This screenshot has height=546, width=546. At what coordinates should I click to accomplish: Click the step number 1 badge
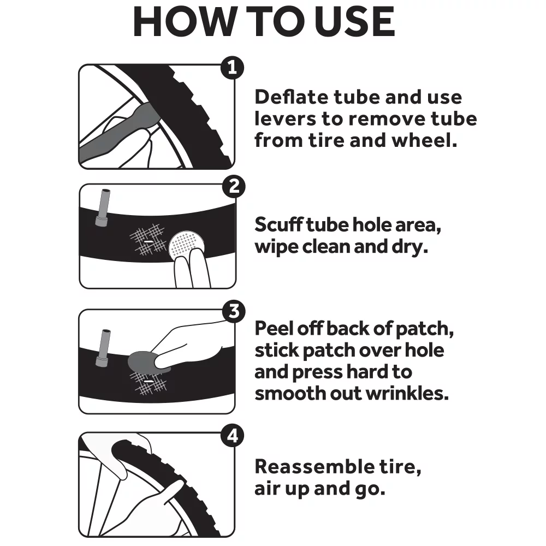(232, 68)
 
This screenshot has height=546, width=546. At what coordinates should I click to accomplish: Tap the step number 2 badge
(234, 187)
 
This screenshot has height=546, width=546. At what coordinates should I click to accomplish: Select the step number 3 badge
(234, 312)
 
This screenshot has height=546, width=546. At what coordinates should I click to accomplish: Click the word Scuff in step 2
(278, 224)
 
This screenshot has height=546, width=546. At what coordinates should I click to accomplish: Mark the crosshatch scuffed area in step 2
(147, 239)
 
